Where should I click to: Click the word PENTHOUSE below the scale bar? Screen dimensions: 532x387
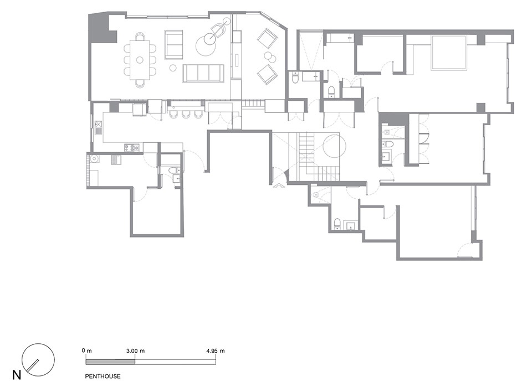pos(103,376)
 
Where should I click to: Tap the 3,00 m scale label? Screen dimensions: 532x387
pos(135,351)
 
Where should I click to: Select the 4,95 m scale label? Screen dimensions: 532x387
pos(215,351)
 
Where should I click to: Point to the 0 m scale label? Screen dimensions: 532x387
pos(87,350)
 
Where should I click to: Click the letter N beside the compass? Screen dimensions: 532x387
pos(17,375)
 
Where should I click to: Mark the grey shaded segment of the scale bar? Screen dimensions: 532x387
pos(110,362)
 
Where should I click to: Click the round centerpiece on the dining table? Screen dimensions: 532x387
pos(140,60)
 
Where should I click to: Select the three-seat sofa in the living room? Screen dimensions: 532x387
pos(203,73)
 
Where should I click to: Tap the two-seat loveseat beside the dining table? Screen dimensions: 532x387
pos(173,44)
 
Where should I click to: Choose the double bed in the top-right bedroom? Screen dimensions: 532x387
pos(448,53)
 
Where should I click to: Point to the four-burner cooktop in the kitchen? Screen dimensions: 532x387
pos(132,147)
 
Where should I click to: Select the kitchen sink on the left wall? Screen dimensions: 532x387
pos(99,128)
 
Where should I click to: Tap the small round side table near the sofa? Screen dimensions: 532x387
pos(173,68)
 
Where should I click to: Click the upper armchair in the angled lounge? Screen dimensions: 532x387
pos(267,38)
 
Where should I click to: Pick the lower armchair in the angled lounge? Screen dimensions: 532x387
pos(267,74)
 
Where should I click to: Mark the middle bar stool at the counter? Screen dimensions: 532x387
pos(186,114)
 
